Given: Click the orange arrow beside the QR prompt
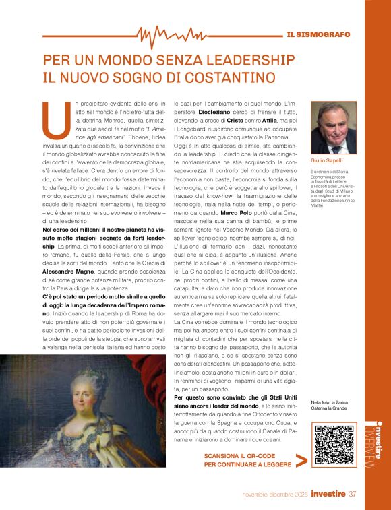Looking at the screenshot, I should pos(301,460).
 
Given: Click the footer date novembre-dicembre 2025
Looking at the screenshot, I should pos(275,495).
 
